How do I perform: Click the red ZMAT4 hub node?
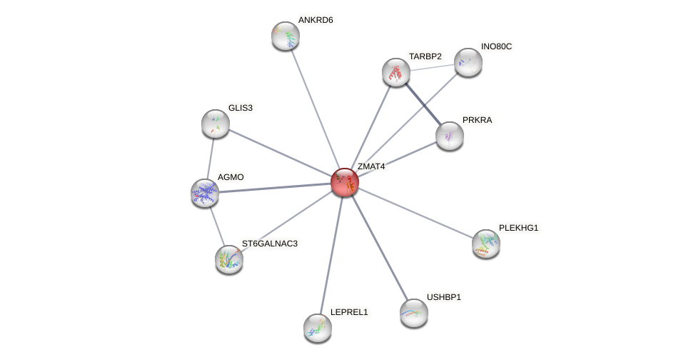345,182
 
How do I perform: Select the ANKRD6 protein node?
286,36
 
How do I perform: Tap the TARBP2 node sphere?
396,72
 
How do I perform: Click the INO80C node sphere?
468,62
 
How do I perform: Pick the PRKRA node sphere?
450,136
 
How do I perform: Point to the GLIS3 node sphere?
216,124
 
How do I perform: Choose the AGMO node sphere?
205,193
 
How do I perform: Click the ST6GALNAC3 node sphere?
229,259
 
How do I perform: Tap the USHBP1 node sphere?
414,313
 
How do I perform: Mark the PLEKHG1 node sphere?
486,244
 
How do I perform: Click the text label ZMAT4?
371,167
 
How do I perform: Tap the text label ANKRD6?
316,20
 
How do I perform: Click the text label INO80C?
496,46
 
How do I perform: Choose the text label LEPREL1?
348,312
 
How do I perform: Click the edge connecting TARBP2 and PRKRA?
423,104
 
